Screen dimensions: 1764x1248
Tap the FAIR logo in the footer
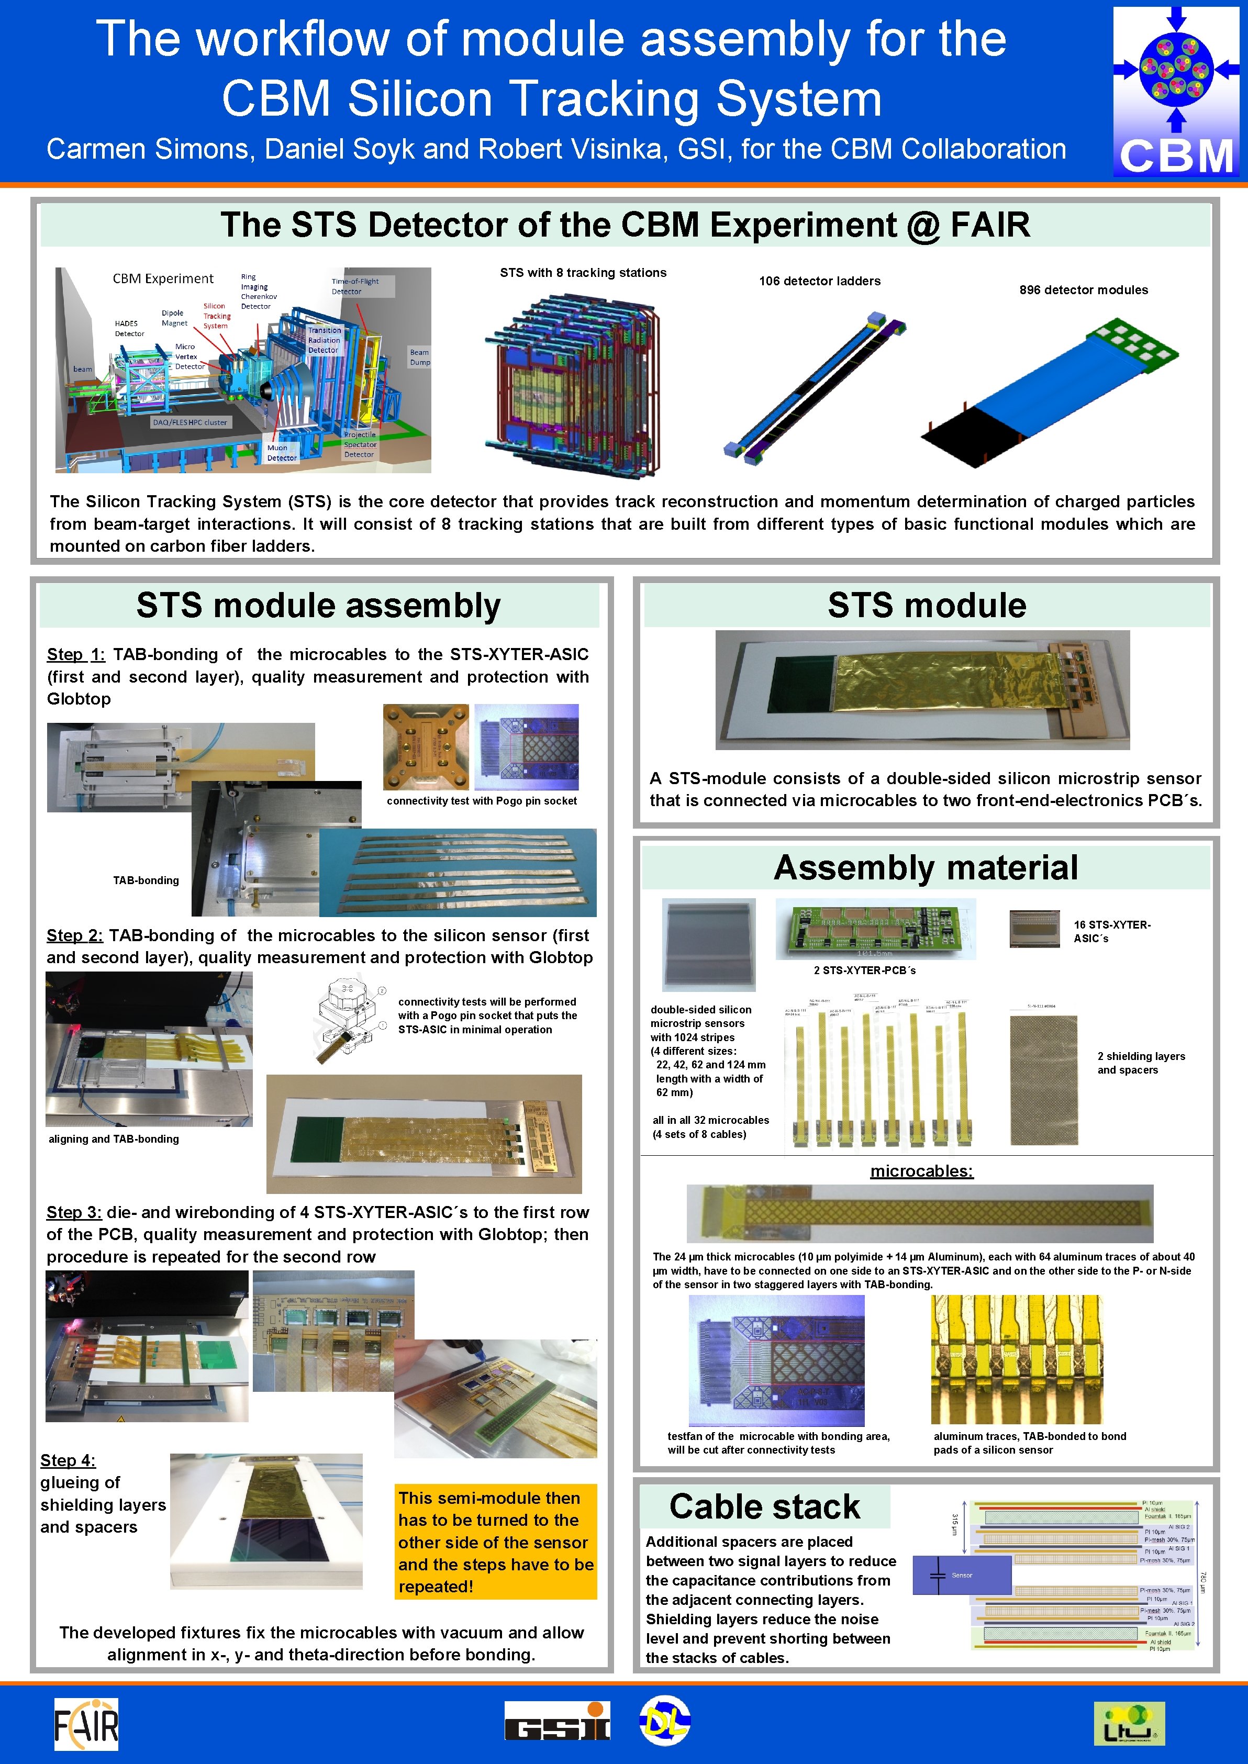point(86,1723)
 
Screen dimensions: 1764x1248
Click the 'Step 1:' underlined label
point(75,655)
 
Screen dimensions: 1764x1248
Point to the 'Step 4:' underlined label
point(68,1460)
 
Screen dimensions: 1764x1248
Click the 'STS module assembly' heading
point(318,606)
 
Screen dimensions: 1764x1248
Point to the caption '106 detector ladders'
point(819,281)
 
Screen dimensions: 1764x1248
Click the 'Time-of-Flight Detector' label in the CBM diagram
point(355,286)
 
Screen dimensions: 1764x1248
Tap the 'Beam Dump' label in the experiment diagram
point(420,358)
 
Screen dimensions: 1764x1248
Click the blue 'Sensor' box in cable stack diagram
point(961,1575)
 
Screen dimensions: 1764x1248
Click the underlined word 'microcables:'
point(921,1171)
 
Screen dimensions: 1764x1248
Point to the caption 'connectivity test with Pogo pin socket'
point(481,800)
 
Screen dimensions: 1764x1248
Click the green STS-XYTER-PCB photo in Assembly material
point(875,929)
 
